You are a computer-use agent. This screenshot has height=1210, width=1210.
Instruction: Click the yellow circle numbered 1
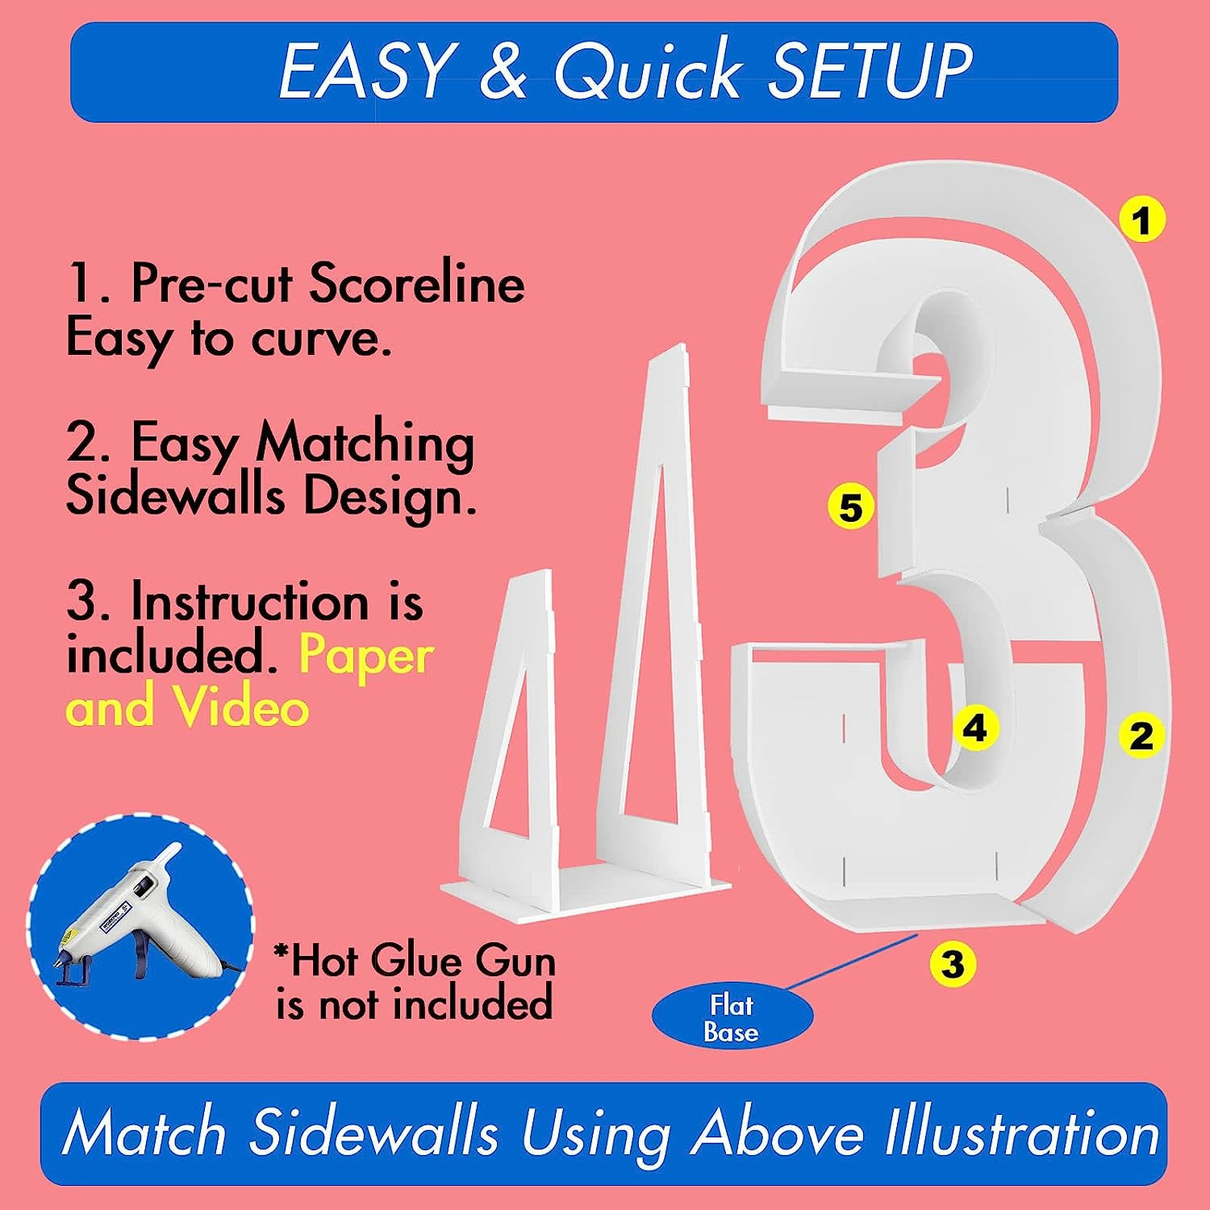(1142, 219)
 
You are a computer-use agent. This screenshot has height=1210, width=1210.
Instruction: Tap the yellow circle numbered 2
(1141, 735)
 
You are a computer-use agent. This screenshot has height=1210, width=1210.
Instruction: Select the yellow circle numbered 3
(953, 963)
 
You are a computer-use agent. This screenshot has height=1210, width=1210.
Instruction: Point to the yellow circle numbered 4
(975, 728)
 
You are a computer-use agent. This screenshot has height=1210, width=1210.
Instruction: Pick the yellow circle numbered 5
(851, 507)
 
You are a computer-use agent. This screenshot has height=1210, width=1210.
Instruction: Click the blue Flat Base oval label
(732, 1018)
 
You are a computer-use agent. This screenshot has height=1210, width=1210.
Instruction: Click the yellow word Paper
(365, 657)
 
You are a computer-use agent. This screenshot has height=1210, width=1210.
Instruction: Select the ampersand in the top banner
(502, 71)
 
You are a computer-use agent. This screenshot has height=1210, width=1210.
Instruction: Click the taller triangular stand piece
(653, 613)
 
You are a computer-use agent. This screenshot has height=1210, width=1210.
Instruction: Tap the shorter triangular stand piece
(508, 726)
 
